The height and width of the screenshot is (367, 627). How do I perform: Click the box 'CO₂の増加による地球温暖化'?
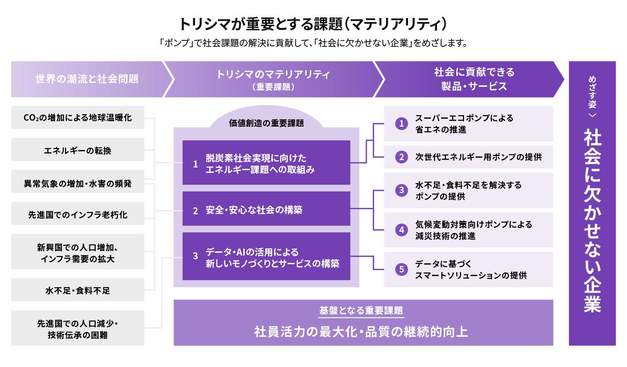click(x=78, y=118)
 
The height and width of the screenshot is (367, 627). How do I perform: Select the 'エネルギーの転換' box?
click(x=78, y=150)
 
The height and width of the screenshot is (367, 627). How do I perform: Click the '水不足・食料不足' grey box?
click(x=78, y=290)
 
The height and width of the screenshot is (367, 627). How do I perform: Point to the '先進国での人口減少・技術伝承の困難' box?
click(x=78, y=328)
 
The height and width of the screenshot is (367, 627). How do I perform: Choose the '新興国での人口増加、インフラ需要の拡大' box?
click(x=78, y=252)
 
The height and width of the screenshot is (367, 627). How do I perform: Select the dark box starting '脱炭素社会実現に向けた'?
click(x=266, y=163)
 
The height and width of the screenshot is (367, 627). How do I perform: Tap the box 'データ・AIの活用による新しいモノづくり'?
click(x=266, y=256)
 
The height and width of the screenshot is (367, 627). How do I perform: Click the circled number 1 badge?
click(x=402, y=124)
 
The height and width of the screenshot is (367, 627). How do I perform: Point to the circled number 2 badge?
click(x=402, y=157)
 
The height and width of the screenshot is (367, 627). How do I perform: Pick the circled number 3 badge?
click(x=402, y=190)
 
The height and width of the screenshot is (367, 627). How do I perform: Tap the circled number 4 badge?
click(x=402, y=230)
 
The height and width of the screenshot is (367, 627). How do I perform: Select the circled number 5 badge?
click(x=402, y=270)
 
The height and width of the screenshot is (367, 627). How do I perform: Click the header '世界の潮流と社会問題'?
click(x=87, y=79)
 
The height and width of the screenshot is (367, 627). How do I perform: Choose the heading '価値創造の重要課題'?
click(x=266, y=123)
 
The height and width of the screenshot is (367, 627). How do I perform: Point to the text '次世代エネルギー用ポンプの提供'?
click(x=478, y=157)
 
